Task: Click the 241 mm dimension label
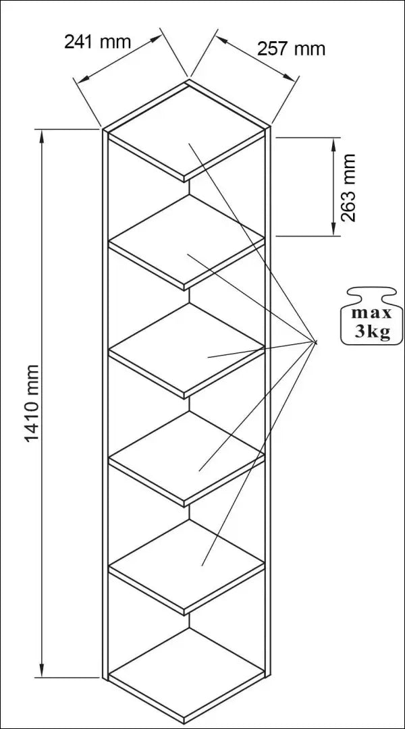pyautogui.click(x=98, y=42)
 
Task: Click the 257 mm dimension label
pyautogui.click(x=291, y=49)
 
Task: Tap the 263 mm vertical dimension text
pyautogui.click(x=348, y=188)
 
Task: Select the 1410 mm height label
pyautogui.click(x=32, y=404)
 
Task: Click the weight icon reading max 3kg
pyautogui.click(x=369, y=316)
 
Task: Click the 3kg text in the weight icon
pyautogui.click(x=373, y=331)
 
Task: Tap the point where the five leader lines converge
pyautogui.click(x=315, y=342)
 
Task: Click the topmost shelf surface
pyautogui.click(x=187, y=130)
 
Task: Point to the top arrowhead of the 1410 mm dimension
pyautogui.click(x=42, y=136)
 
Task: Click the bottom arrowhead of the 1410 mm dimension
pyautogui.click(x=42, y=670)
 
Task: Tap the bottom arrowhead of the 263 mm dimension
pyautogui.click(x=333, y=228)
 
